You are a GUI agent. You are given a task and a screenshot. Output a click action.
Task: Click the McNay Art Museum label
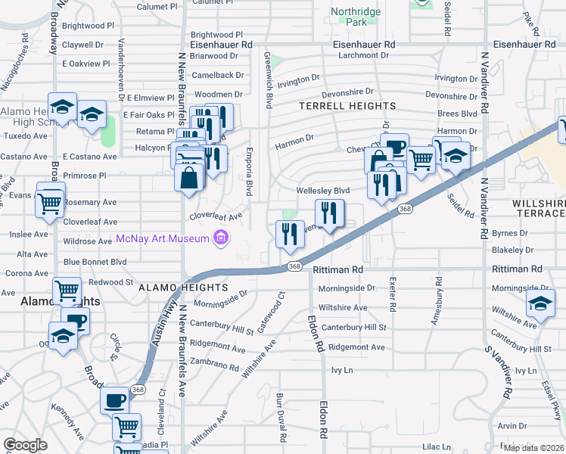point(162,240)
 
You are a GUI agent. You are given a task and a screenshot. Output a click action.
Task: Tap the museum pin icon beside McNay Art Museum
point(221,240)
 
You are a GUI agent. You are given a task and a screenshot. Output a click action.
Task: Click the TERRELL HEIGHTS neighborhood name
point(347,106)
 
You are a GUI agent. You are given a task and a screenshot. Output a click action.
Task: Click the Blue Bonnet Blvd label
point(95,262)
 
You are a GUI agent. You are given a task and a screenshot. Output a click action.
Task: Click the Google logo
point(25,445)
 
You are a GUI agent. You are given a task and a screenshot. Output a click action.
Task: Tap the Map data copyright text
point(534,448)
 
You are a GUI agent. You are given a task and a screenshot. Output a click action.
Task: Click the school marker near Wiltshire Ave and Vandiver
point(540,304)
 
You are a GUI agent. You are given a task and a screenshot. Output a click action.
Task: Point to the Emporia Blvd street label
point(248,173)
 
